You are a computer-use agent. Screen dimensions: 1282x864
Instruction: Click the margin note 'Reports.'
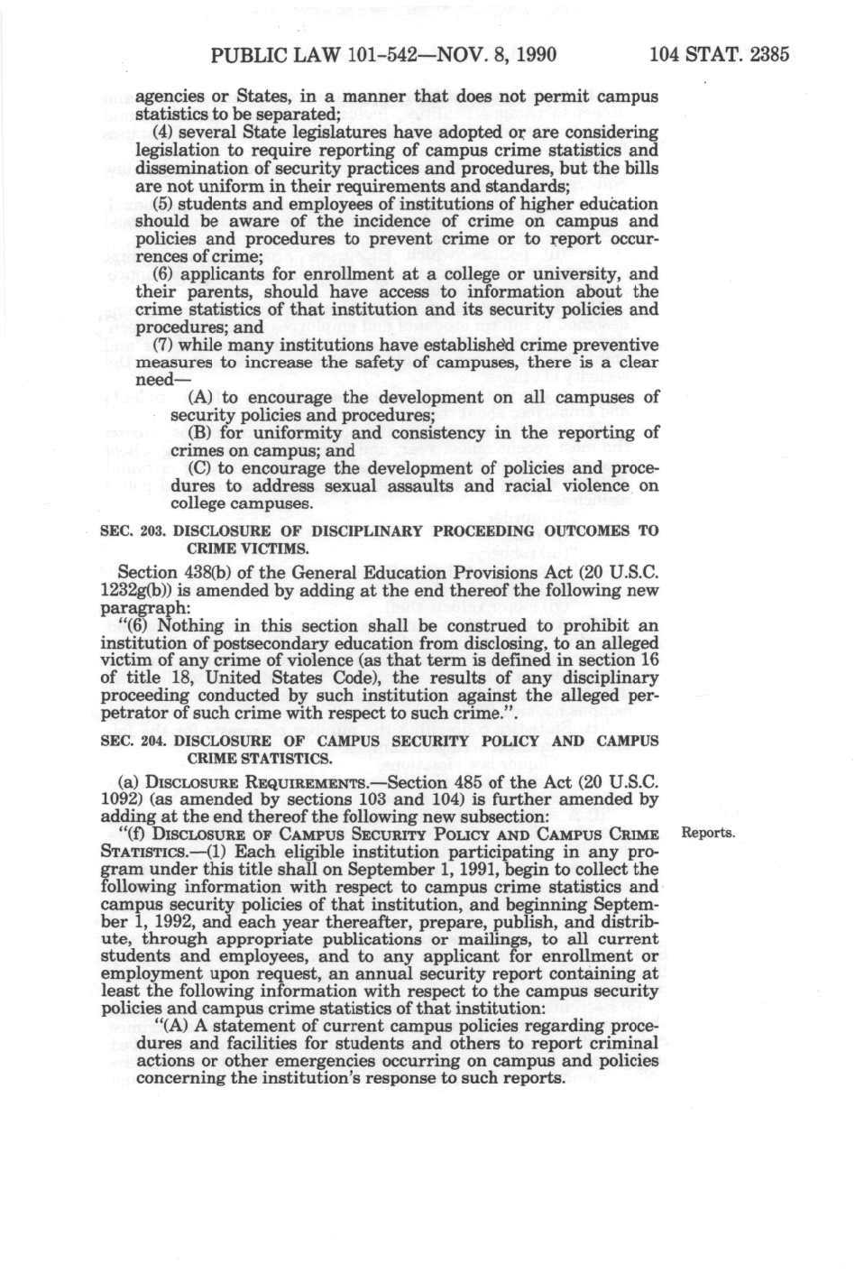708,833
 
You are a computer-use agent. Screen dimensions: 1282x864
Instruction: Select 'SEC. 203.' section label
131,531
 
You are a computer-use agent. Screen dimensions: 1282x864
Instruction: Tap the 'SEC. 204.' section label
132,741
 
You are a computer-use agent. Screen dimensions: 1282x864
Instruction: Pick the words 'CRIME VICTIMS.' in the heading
246,549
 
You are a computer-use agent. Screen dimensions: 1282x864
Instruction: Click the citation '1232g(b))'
135,591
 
